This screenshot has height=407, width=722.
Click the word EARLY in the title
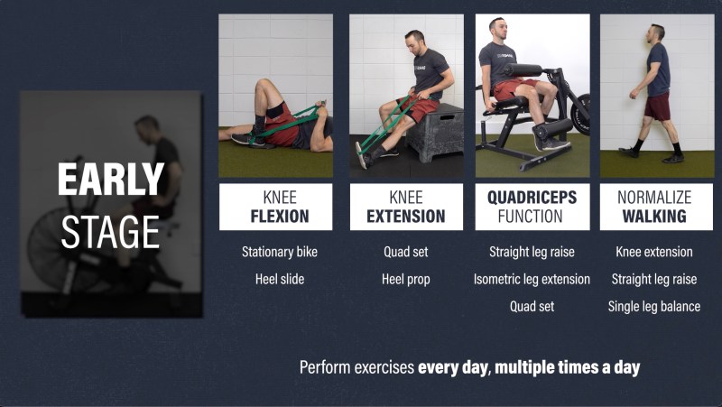click(110, 179)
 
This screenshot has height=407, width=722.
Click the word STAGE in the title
click(110, 233)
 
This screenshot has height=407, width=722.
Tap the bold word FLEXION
click(280, 217)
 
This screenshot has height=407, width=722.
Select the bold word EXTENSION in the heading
click(405, 217)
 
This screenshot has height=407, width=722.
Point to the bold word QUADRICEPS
click(532, 198)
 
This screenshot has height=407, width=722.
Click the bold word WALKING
click(653, 217)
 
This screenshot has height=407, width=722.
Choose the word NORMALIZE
click(654, 198)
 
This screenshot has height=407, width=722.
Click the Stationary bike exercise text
click(280, 252)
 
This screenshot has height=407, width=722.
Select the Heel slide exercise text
click(280, 279)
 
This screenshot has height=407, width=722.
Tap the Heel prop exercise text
click(405, 280)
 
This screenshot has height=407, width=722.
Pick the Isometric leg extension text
click(532, 280)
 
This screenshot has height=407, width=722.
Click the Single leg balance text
click(653, 307)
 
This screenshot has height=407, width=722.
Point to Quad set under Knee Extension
click(405, 252)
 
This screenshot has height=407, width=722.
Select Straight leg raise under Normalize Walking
click(653, 280)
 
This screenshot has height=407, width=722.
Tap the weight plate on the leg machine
click(581, 115)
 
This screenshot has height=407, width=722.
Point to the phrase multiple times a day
click(568, 367)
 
